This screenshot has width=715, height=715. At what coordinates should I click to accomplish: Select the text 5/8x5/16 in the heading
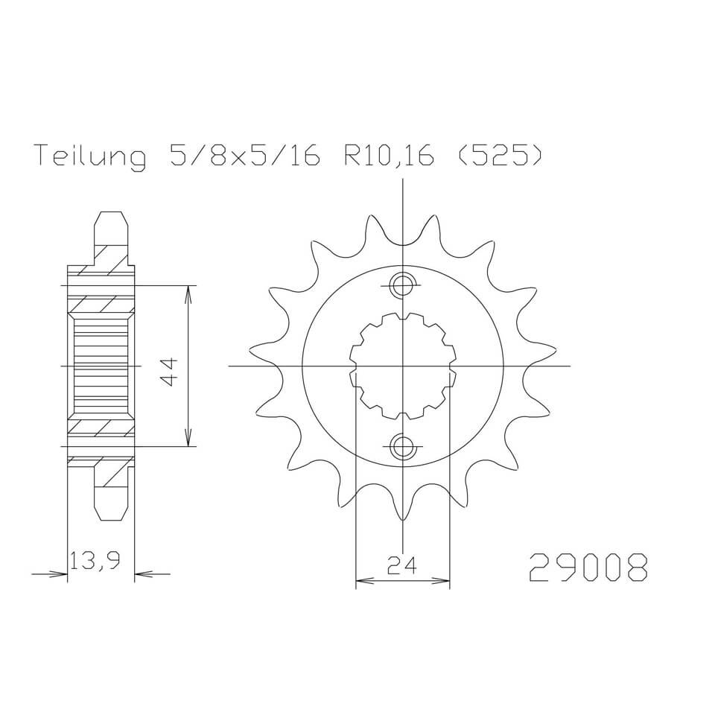click(x=241, y=157)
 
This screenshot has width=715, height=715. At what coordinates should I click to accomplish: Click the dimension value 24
click(x=402, y=568)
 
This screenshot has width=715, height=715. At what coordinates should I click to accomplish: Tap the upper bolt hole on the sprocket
click(x=403, y=285)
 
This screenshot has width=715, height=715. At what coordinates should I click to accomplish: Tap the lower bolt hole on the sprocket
click(x=403, y=446)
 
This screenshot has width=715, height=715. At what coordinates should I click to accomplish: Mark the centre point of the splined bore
click(x=403, y=366)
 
